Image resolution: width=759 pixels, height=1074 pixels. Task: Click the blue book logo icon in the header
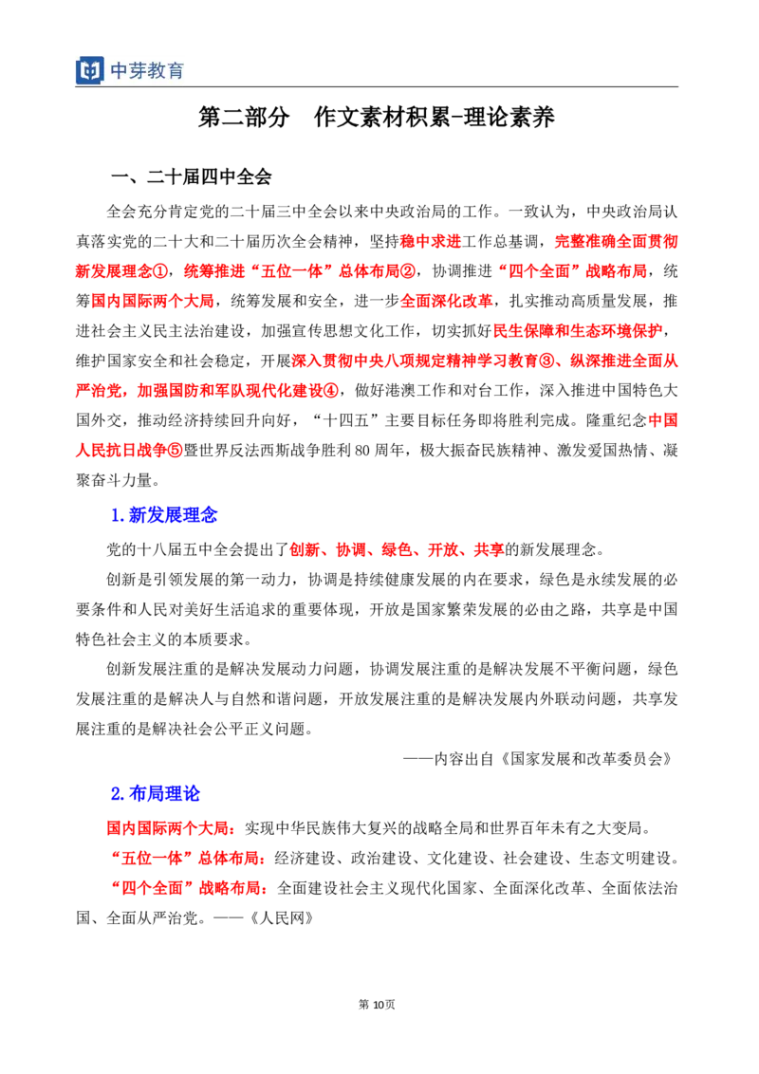pyautogui.click(x=90, y=70)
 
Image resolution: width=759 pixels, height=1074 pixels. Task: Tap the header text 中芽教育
pyautogui.click(x=147, y=70)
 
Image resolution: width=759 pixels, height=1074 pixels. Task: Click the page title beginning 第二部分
pyautogui.click(x=376, y=117)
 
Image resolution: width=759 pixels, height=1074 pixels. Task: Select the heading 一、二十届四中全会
pyautogui.click(x=192, y=176)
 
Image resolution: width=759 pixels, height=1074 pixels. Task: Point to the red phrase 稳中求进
pyautogui.click(x=431, y=241)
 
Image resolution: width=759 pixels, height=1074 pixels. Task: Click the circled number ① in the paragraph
pyautogui.click(x=159, y=271)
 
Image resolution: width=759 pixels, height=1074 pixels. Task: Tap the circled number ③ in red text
pyautogui.click(x=546, y=361)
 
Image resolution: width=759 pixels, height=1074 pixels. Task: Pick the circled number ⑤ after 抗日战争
pyautogui.click(x=176, y=450)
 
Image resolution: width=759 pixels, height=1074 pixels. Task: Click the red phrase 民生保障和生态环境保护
pyautogui.click(x=578, y=331)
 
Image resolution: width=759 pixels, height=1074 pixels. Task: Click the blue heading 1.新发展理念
pyautogui.click(x=164, y=514)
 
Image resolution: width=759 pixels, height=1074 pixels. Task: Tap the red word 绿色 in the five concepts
pyautogui.click(x=398, y=549)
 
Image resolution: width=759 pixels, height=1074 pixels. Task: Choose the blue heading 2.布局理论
pyautogui.click(x=156, y=793)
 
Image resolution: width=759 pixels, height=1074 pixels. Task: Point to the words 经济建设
pyautogui.click(x=305, y=859)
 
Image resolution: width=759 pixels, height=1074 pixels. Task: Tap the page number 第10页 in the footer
pyautogui.click(x=377, y=1004)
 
